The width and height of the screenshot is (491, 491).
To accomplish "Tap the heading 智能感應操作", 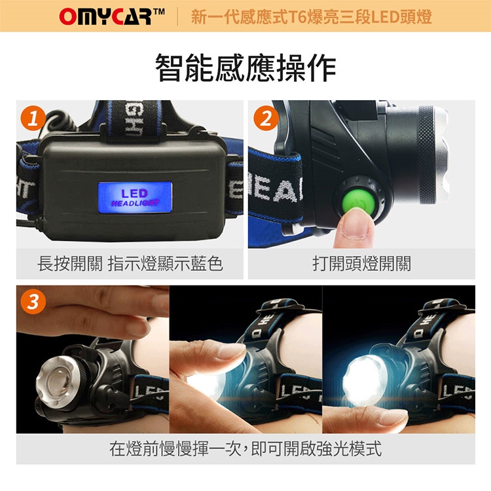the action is point(245,67).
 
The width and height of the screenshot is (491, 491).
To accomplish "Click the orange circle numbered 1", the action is point(33,118).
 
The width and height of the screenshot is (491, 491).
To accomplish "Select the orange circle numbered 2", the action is point(266,118).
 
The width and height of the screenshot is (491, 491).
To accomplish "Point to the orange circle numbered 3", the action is point(33,302).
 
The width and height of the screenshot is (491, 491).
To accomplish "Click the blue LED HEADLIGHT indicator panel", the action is point(135,197).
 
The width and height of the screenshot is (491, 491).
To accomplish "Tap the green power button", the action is point(358,200).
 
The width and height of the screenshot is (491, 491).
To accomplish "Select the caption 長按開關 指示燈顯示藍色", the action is point(130,263).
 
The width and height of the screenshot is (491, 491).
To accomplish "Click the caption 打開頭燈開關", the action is point(361,263).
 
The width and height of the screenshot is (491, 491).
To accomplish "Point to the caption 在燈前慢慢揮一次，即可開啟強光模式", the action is point(245,448).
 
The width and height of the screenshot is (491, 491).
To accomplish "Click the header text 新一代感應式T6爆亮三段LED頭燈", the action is point(311,16).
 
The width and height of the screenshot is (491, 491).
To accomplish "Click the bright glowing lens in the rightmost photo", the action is point(364,378).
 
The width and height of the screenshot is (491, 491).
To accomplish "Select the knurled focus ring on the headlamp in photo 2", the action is point(427,155).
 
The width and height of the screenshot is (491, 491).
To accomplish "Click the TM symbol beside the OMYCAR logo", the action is point(159,12).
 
